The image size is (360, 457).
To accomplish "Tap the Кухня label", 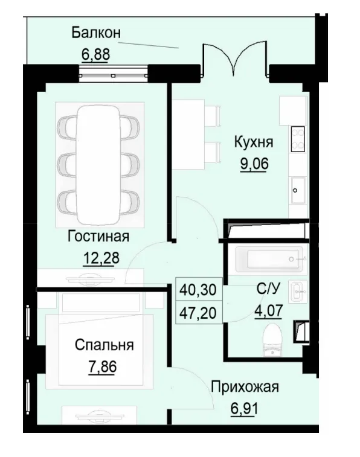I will tap(254, 142).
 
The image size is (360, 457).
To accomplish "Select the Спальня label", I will tap(104, 345).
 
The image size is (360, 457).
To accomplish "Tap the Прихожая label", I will tap(245, 386).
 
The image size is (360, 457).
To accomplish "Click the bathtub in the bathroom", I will tap(266, 259).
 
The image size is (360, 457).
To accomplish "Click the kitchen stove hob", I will tap(298, 139).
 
